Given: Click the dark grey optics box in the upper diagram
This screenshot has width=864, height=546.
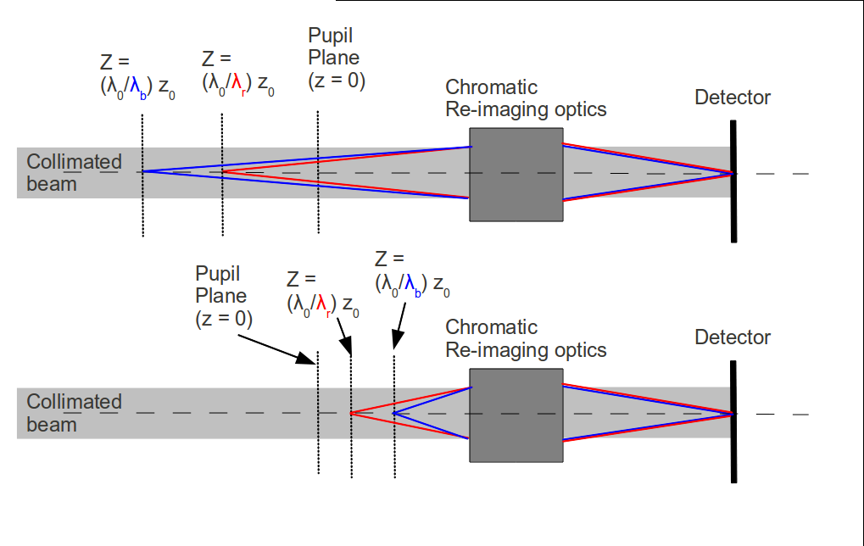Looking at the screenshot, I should (516, 175).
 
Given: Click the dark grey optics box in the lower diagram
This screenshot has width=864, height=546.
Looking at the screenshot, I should (516, 415).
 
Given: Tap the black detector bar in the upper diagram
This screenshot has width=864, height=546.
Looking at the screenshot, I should (733, 181).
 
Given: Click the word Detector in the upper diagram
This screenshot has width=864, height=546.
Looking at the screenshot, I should (732, 97).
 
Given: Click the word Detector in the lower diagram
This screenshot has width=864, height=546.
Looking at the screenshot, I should (732, 337).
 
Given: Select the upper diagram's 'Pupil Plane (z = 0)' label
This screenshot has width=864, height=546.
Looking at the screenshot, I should (333, 58).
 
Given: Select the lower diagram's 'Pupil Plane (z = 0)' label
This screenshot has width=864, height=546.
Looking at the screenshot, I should (221, 296).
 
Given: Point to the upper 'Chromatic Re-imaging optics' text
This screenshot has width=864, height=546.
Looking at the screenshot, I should (526, 98).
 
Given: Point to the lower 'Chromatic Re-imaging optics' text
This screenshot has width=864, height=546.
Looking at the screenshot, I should (526, 338).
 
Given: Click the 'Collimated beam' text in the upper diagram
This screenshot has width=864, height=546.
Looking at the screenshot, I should (74, 173).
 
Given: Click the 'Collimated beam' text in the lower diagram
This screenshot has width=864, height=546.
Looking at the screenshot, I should (74, 413).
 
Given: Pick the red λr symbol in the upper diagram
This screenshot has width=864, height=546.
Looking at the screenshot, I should (240, 86).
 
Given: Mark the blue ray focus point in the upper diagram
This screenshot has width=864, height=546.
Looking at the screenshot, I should (142, 172).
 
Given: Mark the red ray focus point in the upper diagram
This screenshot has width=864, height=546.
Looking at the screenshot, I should (223, 172).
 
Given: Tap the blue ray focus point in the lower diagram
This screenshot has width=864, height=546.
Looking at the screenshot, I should (394, 413).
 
